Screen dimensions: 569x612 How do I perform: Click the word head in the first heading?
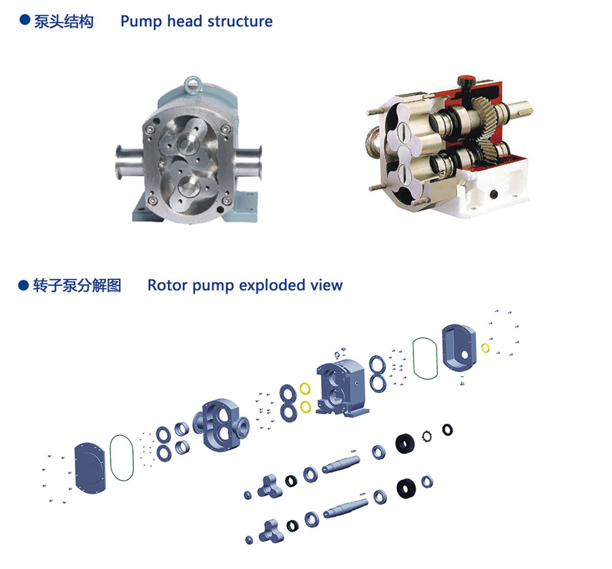tap(183, 21)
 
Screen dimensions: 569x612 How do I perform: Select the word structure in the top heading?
tap(240, 21)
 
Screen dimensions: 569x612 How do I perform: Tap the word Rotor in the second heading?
tap(167, 285)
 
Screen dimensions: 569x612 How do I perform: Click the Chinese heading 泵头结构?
tap(64, 21)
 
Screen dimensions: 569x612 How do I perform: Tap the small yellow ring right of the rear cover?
tap(485, 348)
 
